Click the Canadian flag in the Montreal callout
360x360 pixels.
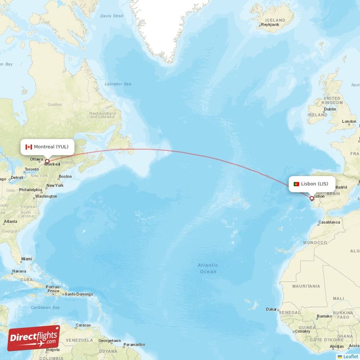pos(29,147)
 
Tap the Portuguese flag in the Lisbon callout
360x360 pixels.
pos(297,184)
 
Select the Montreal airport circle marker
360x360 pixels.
pos(47,161)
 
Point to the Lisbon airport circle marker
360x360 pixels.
pos(311,198)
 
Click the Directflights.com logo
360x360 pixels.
pos(34,338)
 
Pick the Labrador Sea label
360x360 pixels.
pos(118,84)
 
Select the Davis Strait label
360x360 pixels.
pos(112,16)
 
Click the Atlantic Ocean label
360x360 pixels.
pos(207,268)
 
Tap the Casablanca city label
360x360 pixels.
pos(329,222)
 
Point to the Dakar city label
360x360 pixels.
pos(271,309)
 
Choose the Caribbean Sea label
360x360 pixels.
pos(45,307)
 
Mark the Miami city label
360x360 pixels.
pos(27,259)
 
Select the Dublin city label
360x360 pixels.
pos(330,109)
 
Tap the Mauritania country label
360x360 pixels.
pos(306,286)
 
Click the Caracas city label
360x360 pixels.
pos(84,325)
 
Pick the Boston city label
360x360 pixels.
pos(65,176)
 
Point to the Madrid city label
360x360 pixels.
pos(341,187)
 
